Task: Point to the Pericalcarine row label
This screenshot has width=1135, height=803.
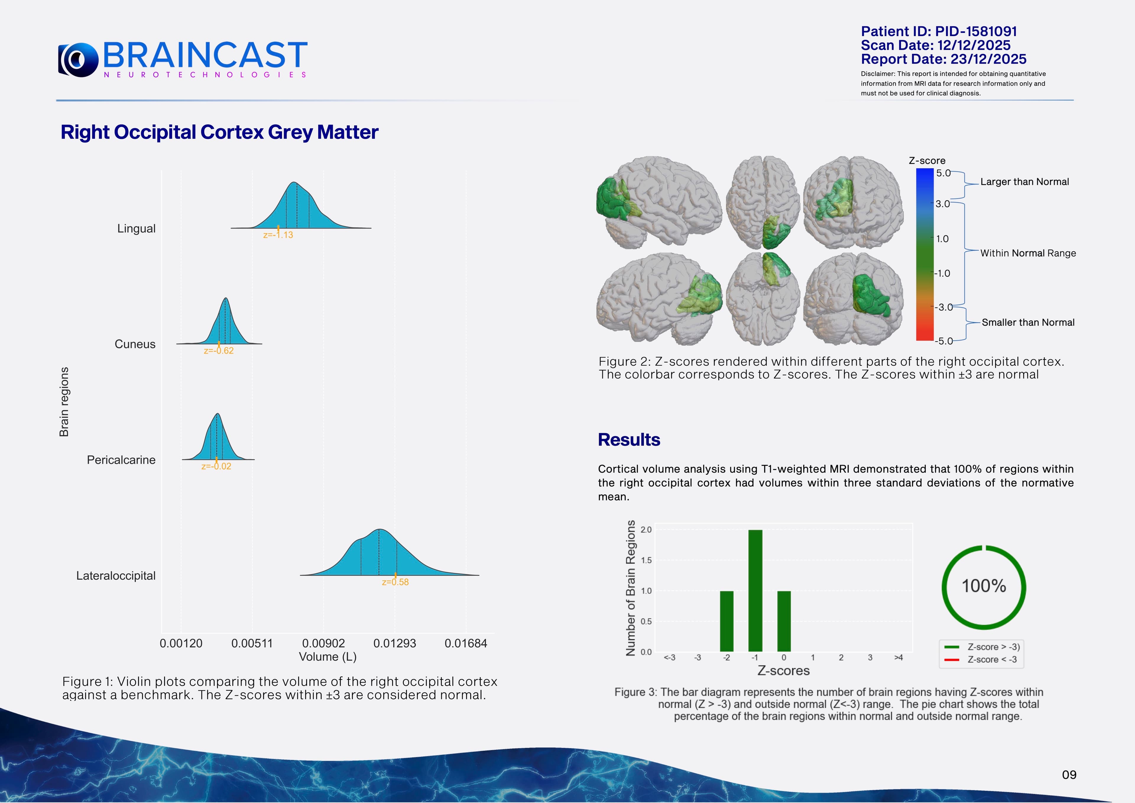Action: pos(121,460)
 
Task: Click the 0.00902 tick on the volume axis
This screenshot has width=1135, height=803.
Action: pos(323,643)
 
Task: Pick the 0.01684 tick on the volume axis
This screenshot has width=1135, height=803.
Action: pos(466,643)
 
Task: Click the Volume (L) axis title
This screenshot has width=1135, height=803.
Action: pos(328,657)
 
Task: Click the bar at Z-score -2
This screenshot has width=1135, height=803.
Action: pos(727,621)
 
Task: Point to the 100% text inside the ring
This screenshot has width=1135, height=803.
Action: pos(984,586)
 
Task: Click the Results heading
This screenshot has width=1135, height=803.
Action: pos(629,440)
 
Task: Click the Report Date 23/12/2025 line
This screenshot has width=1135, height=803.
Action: pos(943,59)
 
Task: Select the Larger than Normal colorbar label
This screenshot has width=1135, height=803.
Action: pos(1024,182)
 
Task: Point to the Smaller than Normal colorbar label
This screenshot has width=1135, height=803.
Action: pos(1028,322)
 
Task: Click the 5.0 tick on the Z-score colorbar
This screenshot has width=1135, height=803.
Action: pos(943,173)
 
